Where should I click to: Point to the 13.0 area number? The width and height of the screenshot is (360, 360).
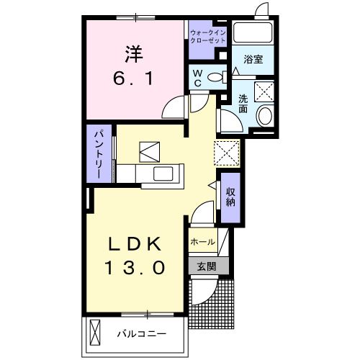[x=138, y=269]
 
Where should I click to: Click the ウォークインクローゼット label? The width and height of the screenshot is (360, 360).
[x=207, y=37]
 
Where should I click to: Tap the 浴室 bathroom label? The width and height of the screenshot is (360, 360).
[x=252, y=59]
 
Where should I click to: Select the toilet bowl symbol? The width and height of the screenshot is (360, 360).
[x=217, y=78]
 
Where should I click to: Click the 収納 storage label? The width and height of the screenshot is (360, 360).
[x=230, y=196]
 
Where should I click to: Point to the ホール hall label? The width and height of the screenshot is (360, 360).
[x=202, y=243]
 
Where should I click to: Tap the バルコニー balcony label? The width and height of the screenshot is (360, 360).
[x=143, y=334]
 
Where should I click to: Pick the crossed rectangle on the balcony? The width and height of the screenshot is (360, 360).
[x=97, y=333]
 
